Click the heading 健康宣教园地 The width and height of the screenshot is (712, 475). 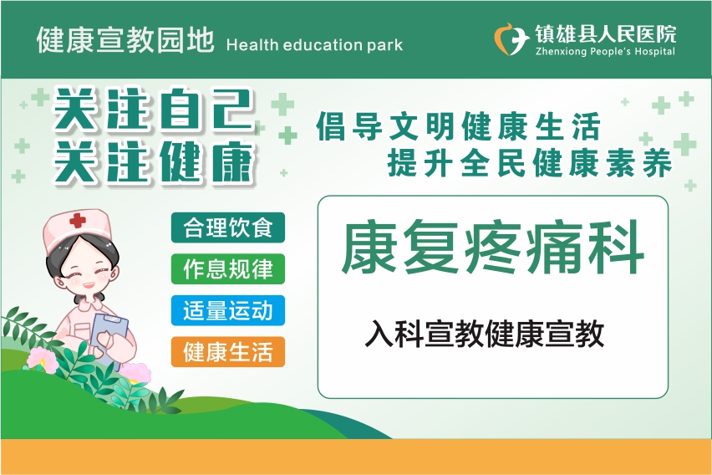(x=125, y=40)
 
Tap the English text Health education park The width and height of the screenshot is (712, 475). (x=314, y=45)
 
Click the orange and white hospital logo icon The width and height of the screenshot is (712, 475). (x=511, y=39)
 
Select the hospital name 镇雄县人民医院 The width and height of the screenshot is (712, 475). (x=605, y=34)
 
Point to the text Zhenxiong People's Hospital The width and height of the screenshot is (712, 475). (x=605, y=51)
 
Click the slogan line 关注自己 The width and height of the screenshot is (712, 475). (x=154, y=109)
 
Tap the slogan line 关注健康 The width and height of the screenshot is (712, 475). (x=154, y=162)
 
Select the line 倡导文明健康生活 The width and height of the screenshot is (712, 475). (x=459, y=126)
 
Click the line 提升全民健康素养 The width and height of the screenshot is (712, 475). (x=530, y=162)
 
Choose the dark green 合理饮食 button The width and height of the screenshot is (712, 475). (x=228, y=227)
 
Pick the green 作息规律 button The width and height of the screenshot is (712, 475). (x=228, y=269)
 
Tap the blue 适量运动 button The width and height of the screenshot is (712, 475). (x=228, y=310)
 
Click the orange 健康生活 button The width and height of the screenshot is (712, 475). (x=228, y=352)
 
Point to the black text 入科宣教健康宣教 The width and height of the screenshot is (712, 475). (x=485, y=334)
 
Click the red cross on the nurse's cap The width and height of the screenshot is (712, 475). (x=78, y=221)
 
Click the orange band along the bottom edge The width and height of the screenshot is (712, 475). (x=356, y=457)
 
